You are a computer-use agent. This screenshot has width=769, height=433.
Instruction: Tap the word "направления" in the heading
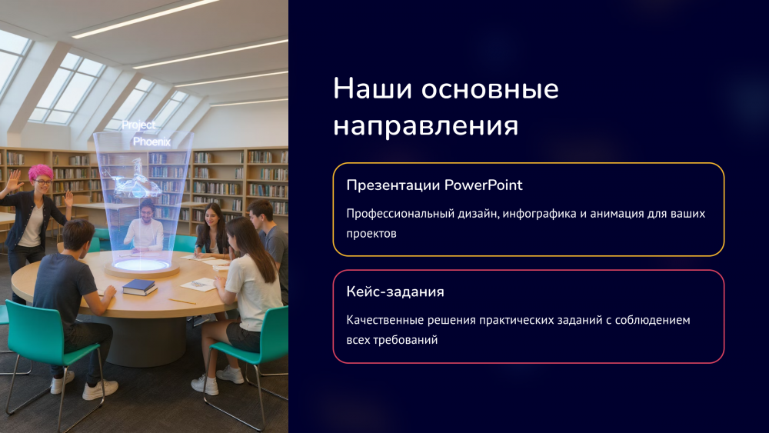pos(426,127)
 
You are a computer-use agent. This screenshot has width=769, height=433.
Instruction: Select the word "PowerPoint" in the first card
pos(483,185)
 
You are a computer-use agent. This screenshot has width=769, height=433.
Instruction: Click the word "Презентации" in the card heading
pos(393,185)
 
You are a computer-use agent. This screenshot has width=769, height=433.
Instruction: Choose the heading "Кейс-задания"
pos(395,291)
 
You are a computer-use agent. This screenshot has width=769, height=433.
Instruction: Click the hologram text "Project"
pos(138,125)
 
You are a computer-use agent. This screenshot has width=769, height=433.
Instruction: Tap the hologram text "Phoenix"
pos(152,142)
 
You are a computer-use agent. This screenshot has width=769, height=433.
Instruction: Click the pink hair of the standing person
pos(41,172)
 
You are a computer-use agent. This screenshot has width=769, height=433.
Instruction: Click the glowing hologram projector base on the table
pos(141,266)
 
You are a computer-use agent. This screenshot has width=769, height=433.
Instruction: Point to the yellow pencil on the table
pos(182,301)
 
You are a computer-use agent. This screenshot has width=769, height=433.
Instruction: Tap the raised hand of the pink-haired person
pos(14,180)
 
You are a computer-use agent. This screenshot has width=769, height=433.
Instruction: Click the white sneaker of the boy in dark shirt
pos(100,390)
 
